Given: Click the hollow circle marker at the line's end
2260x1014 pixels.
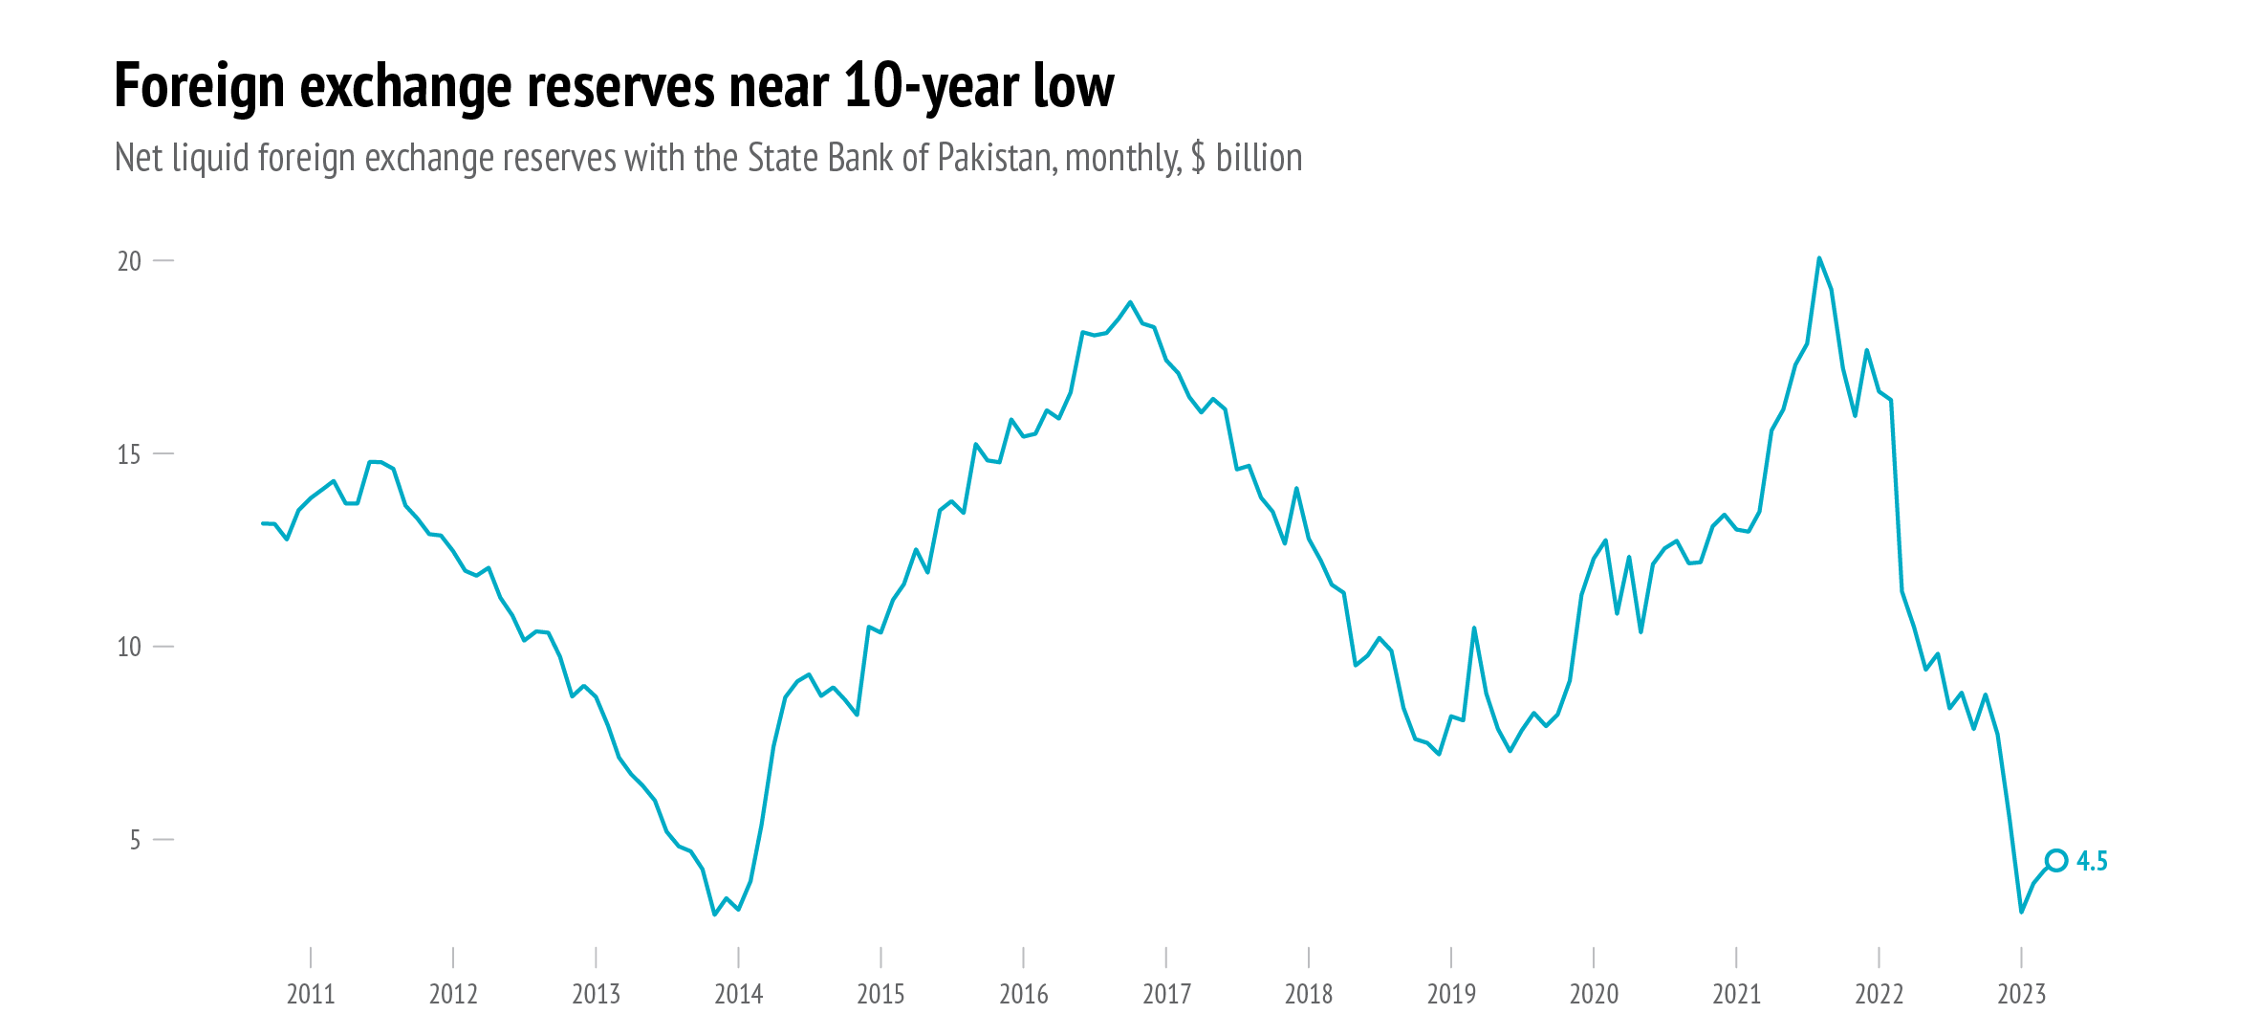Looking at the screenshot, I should [2056, 861].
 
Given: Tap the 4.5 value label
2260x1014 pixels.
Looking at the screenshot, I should [2092, 862].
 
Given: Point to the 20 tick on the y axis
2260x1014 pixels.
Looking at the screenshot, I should [129, 261].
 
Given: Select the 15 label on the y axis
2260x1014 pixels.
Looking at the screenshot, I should [129, 454].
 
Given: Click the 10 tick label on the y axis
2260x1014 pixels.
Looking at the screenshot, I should [129, 648].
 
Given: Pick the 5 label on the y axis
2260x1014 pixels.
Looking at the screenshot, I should [135, 840].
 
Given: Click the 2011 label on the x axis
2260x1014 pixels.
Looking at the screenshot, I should [311, 995].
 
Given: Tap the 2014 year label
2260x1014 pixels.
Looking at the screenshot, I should [738, 995].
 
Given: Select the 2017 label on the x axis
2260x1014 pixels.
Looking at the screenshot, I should [1166, 995].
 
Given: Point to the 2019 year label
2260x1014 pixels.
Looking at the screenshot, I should [1451, 995].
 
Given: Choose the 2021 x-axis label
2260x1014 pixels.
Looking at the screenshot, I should [1736, 995].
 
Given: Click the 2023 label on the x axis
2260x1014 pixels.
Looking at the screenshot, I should [2021, 995].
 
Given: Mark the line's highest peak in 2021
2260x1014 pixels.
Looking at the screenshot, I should [1818, 258].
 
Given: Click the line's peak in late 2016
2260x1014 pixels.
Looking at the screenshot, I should [1130, 302].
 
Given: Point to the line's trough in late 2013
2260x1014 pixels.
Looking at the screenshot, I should [714, 915].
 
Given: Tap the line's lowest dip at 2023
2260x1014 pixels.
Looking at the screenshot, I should [2021, 912].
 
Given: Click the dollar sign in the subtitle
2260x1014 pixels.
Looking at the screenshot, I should [1198, 159].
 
